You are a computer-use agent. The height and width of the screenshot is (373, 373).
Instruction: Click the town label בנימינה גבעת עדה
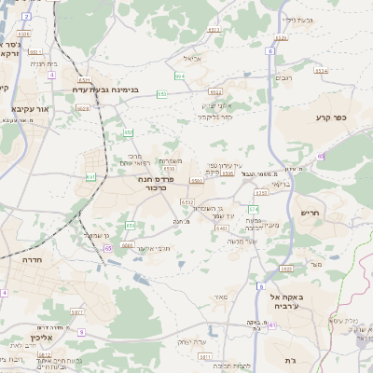pos(104,90)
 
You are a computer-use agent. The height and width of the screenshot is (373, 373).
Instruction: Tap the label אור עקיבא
pos(30,108)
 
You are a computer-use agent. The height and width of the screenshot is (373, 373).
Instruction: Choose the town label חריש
pos(310,213)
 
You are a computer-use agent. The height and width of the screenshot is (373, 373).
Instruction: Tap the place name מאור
pos(221,297)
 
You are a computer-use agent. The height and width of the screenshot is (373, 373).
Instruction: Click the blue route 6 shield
pos(270,51)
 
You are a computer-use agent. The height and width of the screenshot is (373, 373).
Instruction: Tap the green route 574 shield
pos(253,209)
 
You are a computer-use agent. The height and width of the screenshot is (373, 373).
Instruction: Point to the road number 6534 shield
pos(321,70)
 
